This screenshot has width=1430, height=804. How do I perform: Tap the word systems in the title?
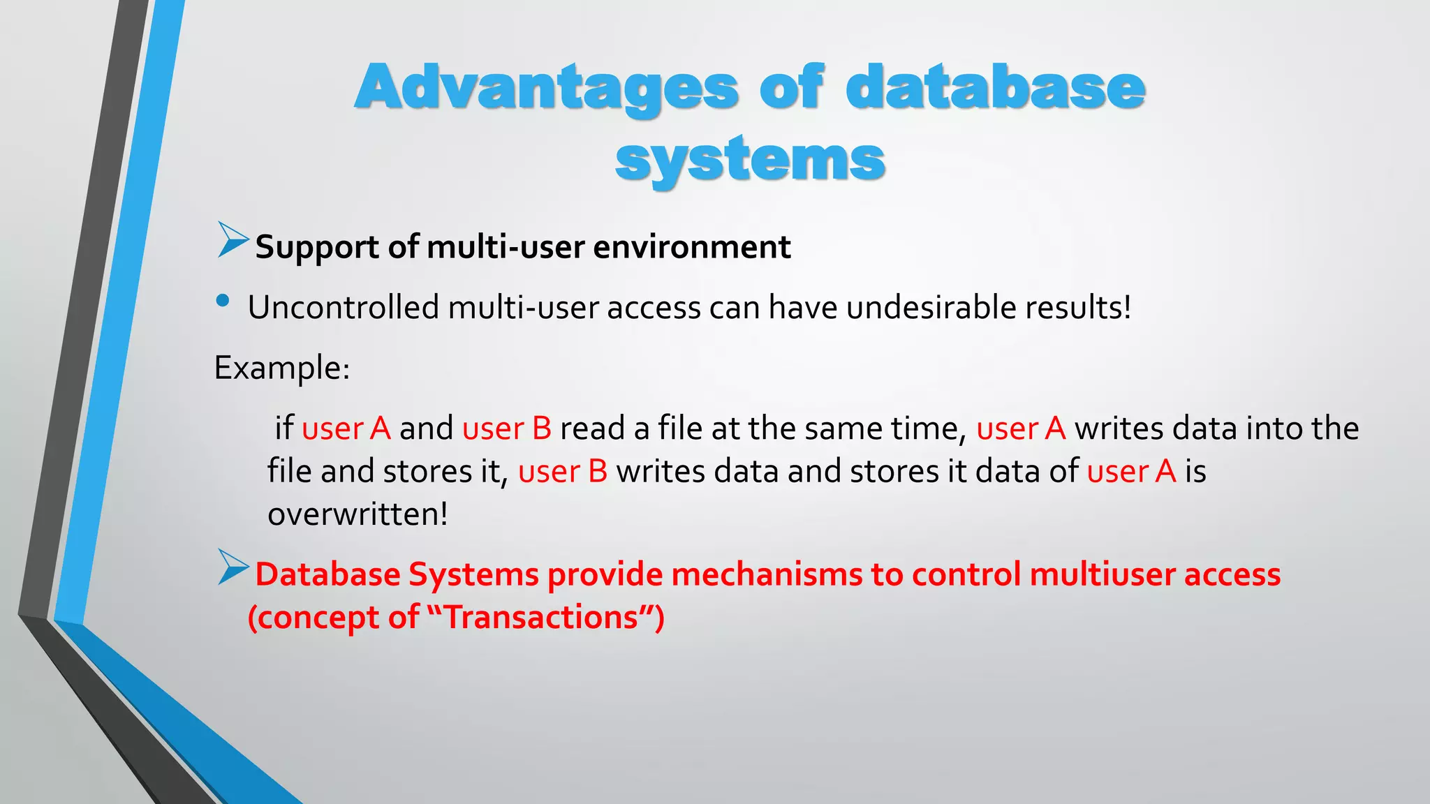pyautogui.click(x=750, y=159)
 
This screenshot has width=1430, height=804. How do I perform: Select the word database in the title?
pyautogui.click(x=995, y=87)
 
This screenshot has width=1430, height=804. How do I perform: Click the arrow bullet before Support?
pyautogui.click(x=233, y=240)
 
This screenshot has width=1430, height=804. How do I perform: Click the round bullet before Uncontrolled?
pyautogui.click(x=223, y=301)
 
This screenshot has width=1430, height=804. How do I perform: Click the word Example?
pyautogui.click(x=281, y=368)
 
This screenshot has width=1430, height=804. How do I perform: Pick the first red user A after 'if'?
pyautogui.click(x=346, y=429)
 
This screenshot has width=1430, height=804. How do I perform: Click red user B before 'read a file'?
pyautogui.click(x=507, y=429)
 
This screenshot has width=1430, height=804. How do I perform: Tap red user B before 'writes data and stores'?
pyautogui.click(x=563, y=472)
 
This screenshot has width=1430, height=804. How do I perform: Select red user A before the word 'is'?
pyautogui.click(x=1132, y=472)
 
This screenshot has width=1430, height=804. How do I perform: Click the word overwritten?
pyautogui.click(x=357, y=515)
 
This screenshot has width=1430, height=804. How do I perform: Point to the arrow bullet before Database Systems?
pyautogui.click(x=233, y=567)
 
